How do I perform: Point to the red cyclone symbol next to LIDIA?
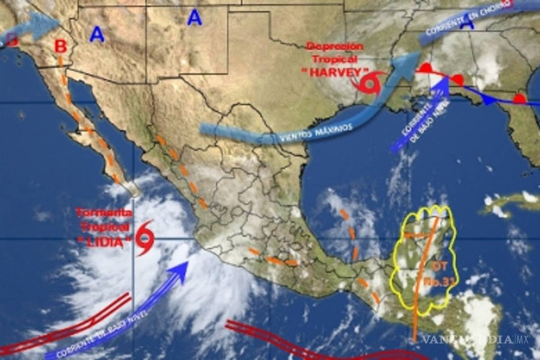[145, 237]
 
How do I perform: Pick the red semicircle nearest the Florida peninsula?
[519, 98]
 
